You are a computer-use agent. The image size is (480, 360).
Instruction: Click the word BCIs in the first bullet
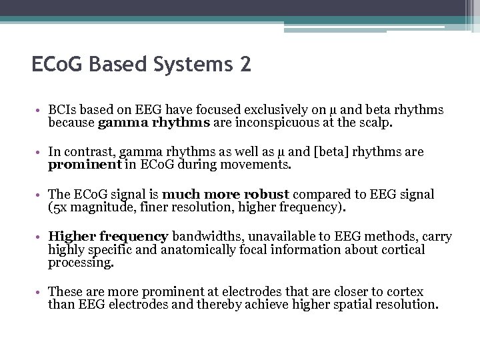62,110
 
